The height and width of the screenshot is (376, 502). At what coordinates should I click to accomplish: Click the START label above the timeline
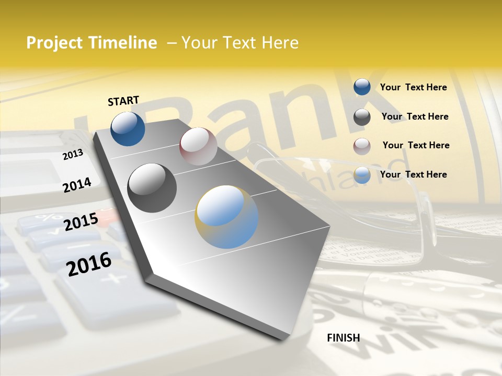coord(123,101)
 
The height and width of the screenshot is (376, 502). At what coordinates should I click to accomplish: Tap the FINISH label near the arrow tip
coord(343,338)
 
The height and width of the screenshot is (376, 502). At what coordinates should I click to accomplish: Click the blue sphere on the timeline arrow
coord(128,129)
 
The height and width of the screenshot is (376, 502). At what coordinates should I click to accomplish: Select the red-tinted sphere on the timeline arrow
coord(198,146)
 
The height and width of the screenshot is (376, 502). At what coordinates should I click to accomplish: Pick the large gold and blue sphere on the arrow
coord(226,217)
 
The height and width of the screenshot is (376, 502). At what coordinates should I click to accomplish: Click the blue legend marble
coord(362,87)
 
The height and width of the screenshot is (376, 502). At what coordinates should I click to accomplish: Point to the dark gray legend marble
coord(362,117)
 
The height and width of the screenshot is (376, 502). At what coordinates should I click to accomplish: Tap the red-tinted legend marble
coord(362,146)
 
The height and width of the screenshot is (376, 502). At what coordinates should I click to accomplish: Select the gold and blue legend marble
coord(362,175)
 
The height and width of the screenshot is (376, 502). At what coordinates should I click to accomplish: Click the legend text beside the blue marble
coord(413,87)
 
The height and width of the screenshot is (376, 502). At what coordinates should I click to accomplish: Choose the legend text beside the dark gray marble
coord(415,116)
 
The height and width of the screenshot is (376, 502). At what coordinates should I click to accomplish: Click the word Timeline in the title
coord(123,43)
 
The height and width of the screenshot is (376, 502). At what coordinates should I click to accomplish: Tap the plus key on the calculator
coord(109,278)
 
